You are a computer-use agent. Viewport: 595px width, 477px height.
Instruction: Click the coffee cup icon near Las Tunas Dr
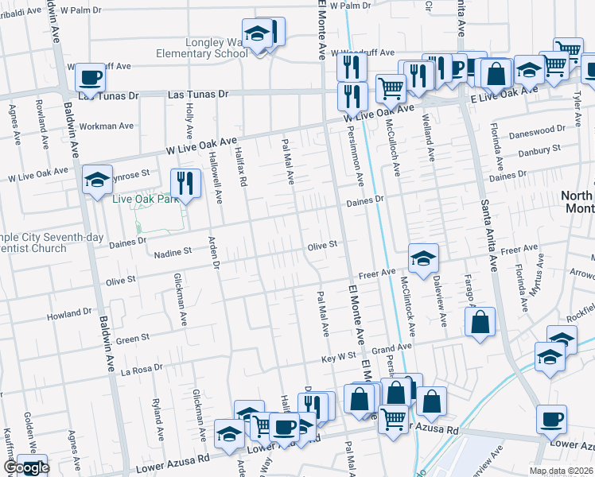point(91,78)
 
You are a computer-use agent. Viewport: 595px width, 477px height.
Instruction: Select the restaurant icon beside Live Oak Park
point(185,184)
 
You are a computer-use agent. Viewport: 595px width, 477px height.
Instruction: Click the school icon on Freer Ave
point(423,258)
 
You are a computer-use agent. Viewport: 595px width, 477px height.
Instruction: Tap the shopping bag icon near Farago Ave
point(480,323)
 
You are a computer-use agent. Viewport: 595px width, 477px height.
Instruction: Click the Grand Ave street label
point(391,348)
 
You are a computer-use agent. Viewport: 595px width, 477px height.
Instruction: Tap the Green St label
point(133,339)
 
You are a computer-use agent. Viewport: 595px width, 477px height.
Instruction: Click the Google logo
point(25,468)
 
